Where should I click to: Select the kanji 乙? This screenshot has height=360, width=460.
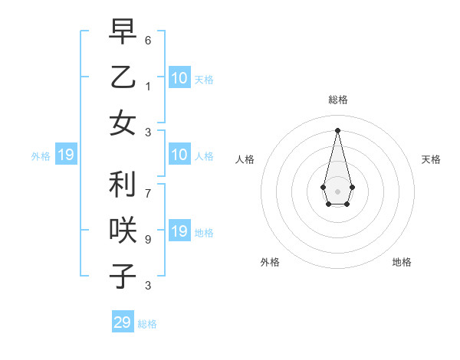[123, 78]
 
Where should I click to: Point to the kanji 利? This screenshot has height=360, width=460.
[123, 185]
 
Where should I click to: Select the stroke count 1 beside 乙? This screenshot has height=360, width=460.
[148, 85]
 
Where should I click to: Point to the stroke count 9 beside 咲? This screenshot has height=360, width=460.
[148, 238]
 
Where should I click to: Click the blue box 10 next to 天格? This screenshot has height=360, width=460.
[179, 77]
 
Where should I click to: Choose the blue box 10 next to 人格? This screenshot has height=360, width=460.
[179, 155]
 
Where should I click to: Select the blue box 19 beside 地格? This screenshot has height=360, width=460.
[179, 231]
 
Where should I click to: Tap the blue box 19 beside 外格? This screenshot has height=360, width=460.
[65, 155]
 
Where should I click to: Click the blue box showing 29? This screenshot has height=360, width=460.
[123, 322]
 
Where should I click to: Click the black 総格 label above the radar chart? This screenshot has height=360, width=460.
[338, 100]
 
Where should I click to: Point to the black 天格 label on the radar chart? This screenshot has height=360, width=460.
[431, 159]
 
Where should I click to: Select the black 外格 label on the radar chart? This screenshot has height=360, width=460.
[270, 262]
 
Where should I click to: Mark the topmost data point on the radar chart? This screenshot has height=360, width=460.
[337, 130]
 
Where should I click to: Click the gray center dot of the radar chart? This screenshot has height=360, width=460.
[337, 191]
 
